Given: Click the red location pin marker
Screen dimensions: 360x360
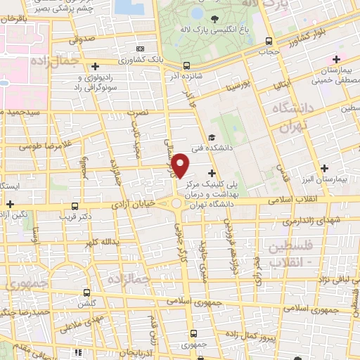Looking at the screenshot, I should pyautogui.click(x=181, y=165).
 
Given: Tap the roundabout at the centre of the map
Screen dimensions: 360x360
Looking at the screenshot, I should pyautogui.click(x=175, y=203).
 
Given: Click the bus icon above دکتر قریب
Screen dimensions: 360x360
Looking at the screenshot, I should pyautogui.click(x=75, y=206).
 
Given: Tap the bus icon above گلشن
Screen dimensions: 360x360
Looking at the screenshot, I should pyautogui.click(x=86, y=292).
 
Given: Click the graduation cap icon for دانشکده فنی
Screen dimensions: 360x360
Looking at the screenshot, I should pyautogui.click(x=212, y=138).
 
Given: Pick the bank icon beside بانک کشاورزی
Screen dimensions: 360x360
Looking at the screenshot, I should pyautogui.click(x=141, y=49).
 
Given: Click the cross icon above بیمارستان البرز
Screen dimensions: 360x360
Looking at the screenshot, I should pyautogui.click(x=324, y=168).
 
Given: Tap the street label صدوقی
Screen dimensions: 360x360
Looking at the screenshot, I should pyautogui.click(x=82, y=41).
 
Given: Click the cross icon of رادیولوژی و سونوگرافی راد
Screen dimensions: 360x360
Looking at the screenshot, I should pyautogui.click(x=95, y=66).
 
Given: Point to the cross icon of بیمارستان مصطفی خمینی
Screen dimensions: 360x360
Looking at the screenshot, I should pyautogui.click(x=336, y=58).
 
